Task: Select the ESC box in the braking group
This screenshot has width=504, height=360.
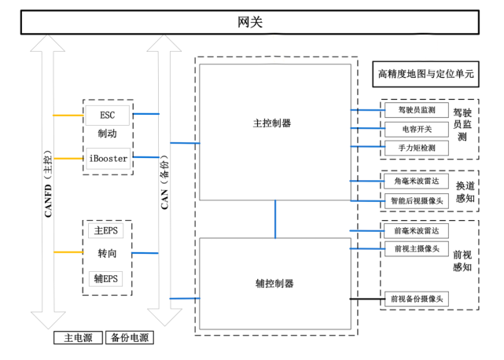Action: click(x=108, y=115)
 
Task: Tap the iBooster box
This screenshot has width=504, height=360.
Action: click(x=108, y=158)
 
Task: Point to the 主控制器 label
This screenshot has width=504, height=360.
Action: click(x=272, y=123)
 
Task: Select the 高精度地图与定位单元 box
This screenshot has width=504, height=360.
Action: click(x=425, y=75)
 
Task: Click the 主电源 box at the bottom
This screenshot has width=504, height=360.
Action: click(x=78, y=338)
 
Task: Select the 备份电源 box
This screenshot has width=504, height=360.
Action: click(x=129, y=338)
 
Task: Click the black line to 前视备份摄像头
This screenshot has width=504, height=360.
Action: click(x=366, y=299)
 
